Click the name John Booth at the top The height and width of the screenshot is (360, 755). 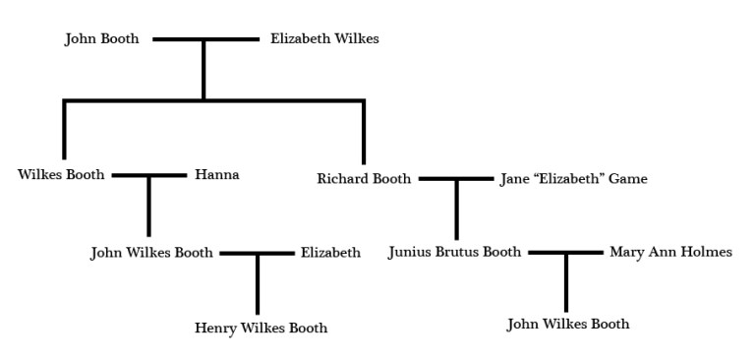[x=101, y=39]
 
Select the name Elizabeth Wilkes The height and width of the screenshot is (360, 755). [x=324, y=39]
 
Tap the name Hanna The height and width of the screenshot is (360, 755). [x=216, y=175]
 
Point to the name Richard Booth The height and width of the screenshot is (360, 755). [x=364, y=179]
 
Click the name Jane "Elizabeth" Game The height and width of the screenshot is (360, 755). [x=573, y=179]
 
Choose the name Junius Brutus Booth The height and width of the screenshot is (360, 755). [x=454, y=253]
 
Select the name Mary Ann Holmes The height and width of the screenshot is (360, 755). [x=670, y=253]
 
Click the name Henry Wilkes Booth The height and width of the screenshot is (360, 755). [x=261, y=329]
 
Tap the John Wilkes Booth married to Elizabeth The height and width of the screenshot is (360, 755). [x=151, y=253]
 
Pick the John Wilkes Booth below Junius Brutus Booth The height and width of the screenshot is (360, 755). [x=568, y=325]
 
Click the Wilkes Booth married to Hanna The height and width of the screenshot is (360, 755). [x=61, y=175]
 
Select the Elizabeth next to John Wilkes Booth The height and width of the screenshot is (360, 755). [x=330, y=253]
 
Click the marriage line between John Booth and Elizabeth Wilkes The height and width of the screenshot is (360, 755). [x=204, y=40]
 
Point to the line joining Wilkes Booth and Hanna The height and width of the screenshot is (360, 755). [x=149, y=176]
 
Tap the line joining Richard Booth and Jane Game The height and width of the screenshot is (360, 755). [x=456, y=179]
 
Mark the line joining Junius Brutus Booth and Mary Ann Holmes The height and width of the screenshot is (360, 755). [x=566, y=253]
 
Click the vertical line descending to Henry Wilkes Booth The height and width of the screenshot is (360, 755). [x=258, y=285]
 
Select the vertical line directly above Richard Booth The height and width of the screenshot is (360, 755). [x=364, y=133]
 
